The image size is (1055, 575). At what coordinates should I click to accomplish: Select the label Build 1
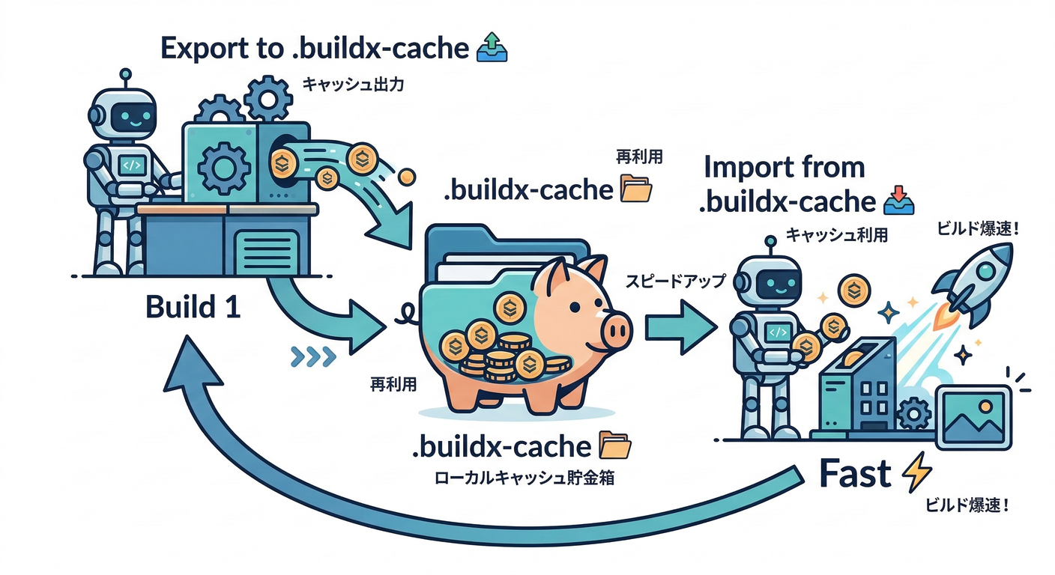193,307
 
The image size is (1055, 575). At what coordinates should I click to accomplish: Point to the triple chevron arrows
312,357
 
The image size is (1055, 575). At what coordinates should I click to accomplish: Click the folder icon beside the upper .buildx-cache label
637,189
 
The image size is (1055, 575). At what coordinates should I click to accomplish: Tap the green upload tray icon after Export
492,47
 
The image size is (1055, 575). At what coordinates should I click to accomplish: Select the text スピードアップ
676,282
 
